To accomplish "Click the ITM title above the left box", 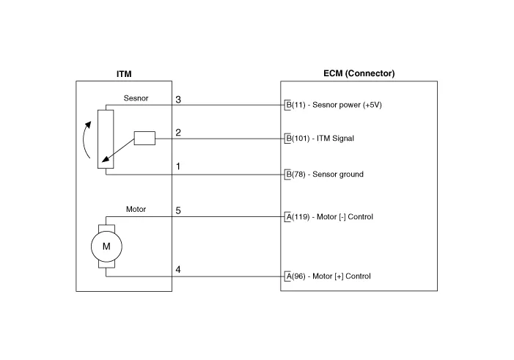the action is (x=124, y=74).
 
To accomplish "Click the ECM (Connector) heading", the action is (x=359, y=73).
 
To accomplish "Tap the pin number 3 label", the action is (x=178, y=100).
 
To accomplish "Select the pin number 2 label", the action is (x=178, y=133).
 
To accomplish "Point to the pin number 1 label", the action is (x=178, y=166).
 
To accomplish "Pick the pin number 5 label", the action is (x=178, y=210).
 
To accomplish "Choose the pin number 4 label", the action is (x=178, y=270).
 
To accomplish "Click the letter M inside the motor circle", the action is (x=106, y=246).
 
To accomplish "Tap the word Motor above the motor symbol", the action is (x=136, y=209).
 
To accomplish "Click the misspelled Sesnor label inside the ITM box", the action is (x=136, y=98).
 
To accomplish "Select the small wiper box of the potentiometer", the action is (x=144, y=138).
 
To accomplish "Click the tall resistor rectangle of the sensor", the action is (x=106, y=139).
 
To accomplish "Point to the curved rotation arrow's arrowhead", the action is (x=88, y=125).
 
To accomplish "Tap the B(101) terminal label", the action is (x=298, y=139).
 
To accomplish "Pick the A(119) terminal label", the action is (x=298, y=217).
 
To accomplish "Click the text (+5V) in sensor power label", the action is (x=372, y=105).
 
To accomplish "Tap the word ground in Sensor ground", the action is (x=351, y=175).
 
